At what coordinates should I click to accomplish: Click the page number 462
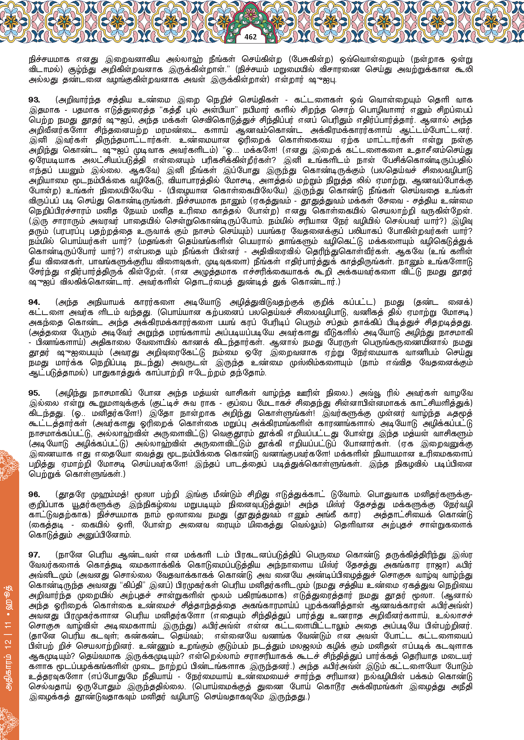[x=250, y=37]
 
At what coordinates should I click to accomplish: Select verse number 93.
[x=34, y=100]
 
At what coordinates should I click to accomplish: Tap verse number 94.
[x=34, y=302]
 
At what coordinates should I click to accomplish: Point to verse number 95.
[x=34, y=393]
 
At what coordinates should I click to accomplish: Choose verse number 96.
[x=34, y=494]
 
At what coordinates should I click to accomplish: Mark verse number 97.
[x=34, y=555]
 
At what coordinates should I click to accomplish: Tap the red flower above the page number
[x=251, y=15]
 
